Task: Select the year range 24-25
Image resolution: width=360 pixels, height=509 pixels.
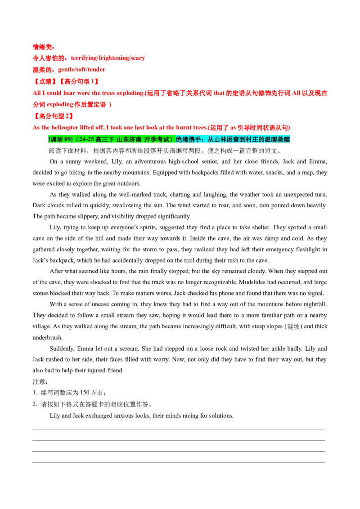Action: tap(85, 139)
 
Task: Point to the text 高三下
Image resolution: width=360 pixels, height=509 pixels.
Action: tap(104, 139)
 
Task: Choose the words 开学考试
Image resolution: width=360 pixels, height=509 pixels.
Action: tap(157, 139)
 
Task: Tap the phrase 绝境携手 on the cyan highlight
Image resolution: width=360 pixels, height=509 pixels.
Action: tap(186, 139)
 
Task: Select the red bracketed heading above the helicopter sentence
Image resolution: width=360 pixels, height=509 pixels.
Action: tap(54, 116)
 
